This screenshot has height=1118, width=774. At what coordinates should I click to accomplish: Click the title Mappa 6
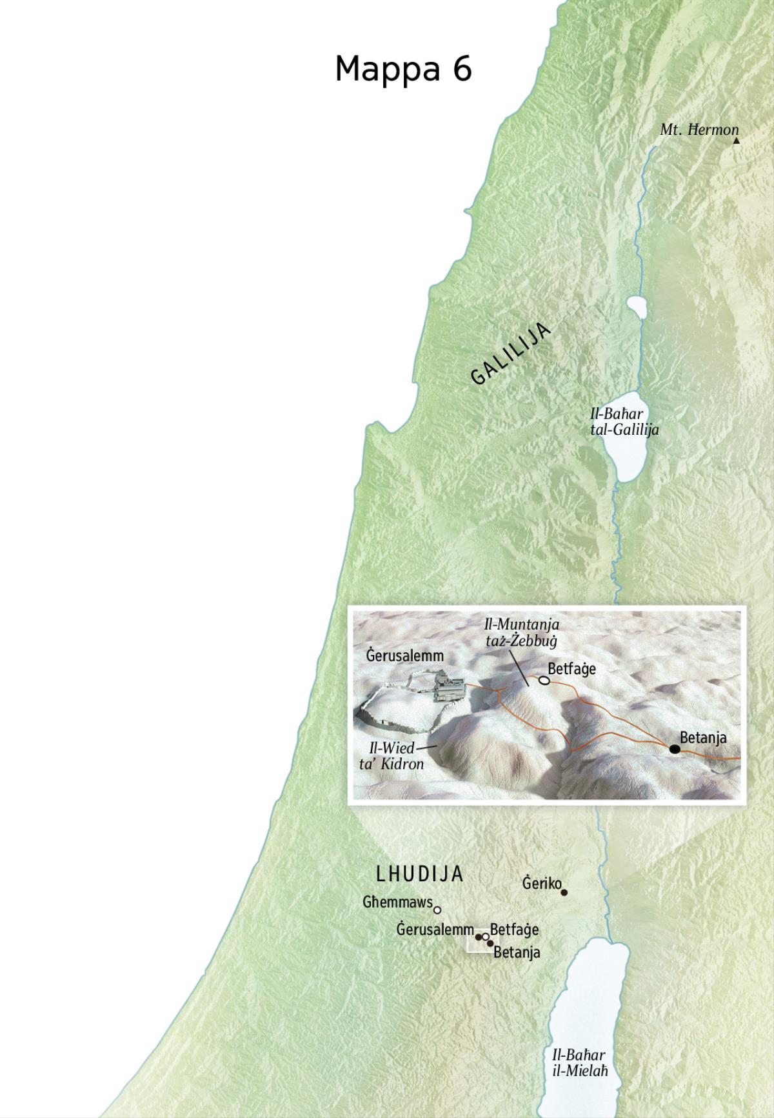click(403, 68)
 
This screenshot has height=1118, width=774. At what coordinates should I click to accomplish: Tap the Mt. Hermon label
click(699, 130)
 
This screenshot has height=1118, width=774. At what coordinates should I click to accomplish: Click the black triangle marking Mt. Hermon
click(736, 140)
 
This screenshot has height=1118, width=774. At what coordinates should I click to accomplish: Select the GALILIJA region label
click(511, 354)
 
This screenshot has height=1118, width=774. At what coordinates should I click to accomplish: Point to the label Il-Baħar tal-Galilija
click(624, 422)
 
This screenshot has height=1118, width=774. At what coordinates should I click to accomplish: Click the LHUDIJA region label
click(420, 874)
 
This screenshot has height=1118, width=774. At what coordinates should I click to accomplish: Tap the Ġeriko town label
click(542, 883)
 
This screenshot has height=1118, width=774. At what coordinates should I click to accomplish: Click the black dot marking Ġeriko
click(564, 893)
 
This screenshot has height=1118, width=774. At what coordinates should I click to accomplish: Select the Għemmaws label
click(397, 902)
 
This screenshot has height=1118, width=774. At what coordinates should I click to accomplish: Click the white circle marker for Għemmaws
click(437, 910)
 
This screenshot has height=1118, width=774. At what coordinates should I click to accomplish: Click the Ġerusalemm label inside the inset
click(405, 656)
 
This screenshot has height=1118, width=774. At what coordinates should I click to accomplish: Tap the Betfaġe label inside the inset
click(571, 669)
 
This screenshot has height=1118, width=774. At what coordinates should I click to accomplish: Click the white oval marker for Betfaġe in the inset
click(544, 680)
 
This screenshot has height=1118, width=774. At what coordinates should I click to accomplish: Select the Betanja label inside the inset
click(703, 737)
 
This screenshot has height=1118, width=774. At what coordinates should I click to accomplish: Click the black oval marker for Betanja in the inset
click(674, 749)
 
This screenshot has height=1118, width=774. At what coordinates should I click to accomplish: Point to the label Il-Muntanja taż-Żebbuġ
click(522, 633)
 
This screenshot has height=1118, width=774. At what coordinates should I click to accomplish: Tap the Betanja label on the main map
click(517, 952)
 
